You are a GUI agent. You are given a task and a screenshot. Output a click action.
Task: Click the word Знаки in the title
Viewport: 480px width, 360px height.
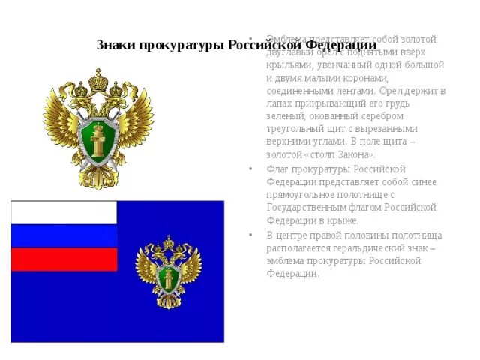[x=115, y=46]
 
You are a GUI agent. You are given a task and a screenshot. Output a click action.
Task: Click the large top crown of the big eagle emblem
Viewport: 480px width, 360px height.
[x=98, y=79]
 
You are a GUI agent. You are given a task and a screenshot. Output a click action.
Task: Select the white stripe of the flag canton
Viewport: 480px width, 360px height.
[x=64, y=212]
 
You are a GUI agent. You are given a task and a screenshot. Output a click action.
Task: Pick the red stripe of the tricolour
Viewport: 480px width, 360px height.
[x=64, y=259]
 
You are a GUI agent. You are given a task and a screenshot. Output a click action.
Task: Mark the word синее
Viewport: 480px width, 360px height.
[x=423, y=182]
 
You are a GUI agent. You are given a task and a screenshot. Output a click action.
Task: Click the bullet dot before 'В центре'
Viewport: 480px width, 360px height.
[x=251, y=235]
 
